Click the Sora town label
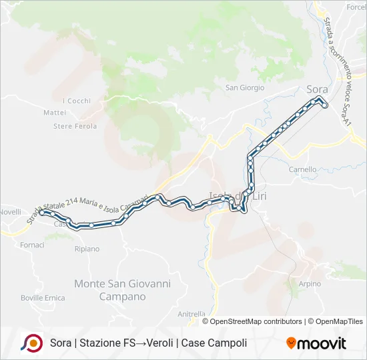pos(317,89)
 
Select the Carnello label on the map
pos(302,169)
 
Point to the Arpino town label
pos(310,283)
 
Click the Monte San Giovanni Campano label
pos(122,289)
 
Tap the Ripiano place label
pos(87,249)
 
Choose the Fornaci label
pos(32,245)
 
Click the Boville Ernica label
pos(43,297)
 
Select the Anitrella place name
pos(192,313)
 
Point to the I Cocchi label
pos(76,101)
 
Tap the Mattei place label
pos(55,113)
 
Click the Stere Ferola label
pos(75,126)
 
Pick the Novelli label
pos(10,211)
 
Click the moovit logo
pos(316,343)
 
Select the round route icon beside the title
pos(31,343)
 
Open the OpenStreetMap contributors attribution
pos(256,321)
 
